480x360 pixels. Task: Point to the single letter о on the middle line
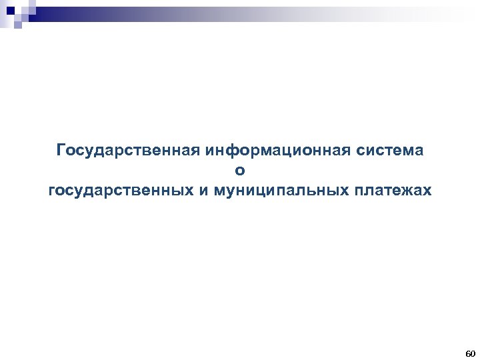[x=240, y=171]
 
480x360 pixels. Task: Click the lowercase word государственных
[x=121, y=192]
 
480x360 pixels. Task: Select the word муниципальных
[x=279, y=192]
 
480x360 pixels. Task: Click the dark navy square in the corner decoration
[x=9, y=9]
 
